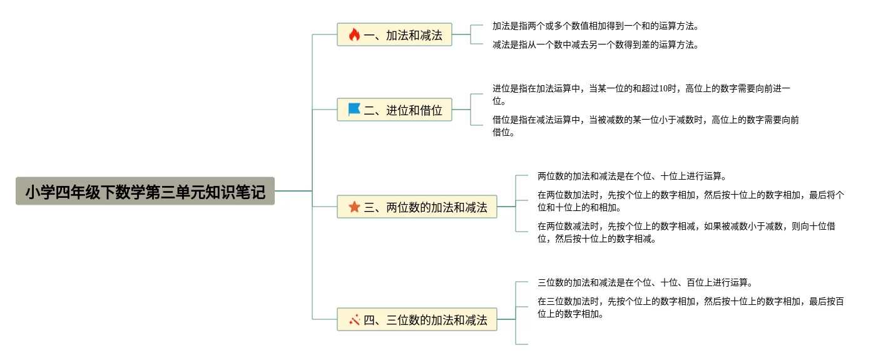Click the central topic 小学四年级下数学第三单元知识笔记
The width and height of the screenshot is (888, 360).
point(145,191)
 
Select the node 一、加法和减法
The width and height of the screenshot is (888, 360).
point(394,35)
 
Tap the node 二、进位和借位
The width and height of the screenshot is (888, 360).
point(394,110)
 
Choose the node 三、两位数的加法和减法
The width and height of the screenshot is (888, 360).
point(417,207)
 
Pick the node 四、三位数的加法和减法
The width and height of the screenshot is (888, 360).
point(417,320)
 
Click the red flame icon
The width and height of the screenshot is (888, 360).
point(354,35)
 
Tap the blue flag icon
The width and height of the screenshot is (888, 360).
point(354,110)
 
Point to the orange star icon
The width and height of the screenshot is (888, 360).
point(354,207)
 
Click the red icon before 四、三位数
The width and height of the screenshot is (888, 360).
point(354,320)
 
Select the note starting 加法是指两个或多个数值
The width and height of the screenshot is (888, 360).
point(595,26)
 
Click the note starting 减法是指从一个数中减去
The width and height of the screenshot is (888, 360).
point(595,45)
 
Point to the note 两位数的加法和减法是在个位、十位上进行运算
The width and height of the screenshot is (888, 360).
point(631,177)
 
